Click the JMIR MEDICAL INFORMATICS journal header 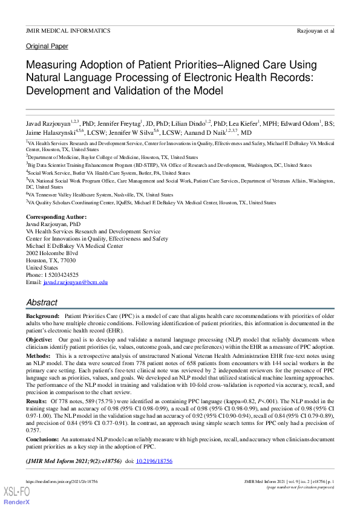point(68,30)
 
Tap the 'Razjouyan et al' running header point(316,30)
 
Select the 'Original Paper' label point(47,46)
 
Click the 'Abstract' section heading point(42,302)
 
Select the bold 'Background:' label point(42,316)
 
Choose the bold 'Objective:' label point(39,340)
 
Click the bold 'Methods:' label point(38,357)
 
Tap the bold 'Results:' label point(36,401)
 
